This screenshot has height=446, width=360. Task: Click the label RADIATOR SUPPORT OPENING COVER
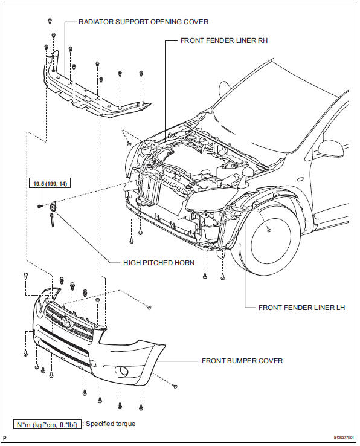click(143, 22)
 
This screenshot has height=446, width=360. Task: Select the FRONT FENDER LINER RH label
click(224, 42)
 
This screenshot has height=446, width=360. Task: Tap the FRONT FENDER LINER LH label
click(301, 308)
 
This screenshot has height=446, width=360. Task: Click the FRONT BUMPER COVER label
click(242, 361)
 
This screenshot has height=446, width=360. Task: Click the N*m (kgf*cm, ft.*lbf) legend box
click(47, 424)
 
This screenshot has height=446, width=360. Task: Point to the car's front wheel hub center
click(268, 230)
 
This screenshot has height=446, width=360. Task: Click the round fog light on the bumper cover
click(123, 372)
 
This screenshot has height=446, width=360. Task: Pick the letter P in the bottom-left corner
click(4, 439)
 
